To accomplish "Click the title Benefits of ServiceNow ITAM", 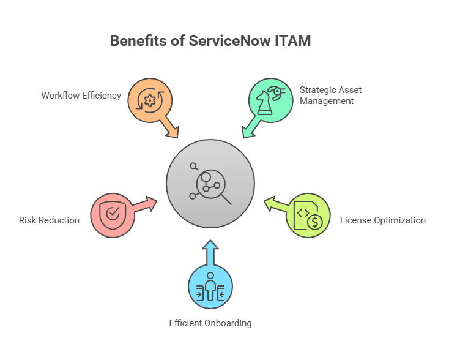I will (210, 41).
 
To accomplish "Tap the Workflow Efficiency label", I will (81, 96).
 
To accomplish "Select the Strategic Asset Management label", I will (330, 95).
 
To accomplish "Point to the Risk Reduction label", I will (49, 220).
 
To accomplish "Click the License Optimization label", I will (383, 220).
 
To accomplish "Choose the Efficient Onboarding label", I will (210, 323).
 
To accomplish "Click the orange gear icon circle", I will (150, 100).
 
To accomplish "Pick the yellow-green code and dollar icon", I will (308, 215).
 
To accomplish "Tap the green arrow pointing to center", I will (250, 129).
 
